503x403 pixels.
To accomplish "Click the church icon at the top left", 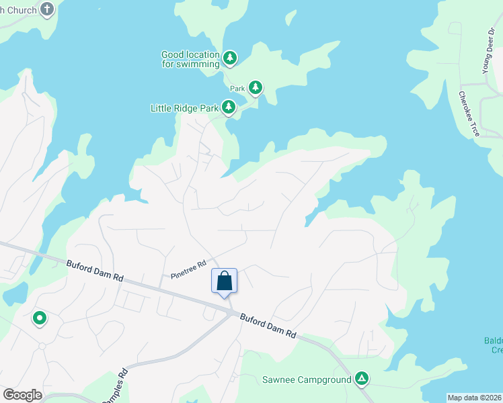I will (47, 9).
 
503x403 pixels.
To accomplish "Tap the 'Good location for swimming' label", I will (190, 59).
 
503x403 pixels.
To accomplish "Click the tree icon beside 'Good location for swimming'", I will (230, 58).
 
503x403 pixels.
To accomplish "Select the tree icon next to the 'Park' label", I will (255, 87).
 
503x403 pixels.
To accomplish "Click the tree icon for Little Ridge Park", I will (229, 107).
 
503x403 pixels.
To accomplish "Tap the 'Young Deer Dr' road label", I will (488, 50).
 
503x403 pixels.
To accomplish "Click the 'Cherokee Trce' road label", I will (469, 114).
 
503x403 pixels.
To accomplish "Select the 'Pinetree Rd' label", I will (188, 269).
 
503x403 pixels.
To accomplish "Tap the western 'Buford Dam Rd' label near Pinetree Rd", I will (95, 271).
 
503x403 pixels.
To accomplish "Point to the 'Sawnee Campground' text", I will (306, 379).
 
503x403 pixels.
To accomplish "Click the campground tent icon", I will (362, 379).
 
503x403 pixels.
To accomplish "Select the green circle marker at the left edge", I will (40, 318).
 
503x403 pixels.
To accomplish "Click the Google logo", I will (22, 395).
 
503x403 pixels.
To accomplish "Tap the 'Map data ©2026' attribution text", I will (474, 398).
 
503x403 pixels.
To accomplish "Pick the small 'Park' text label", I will (237, 88).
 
